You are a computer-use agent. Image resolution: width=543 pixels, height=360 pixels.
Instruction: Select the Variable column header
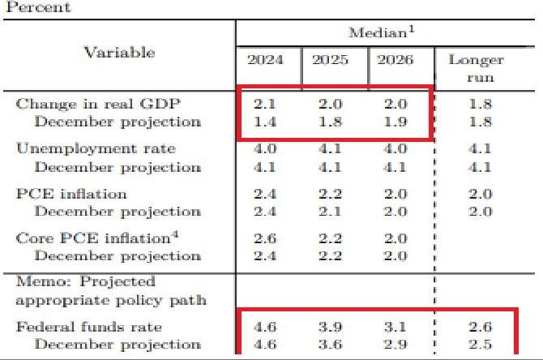coord(119,52)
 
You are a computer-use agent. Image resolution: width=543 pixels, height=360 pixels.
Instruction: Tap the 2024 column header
coord(267,60)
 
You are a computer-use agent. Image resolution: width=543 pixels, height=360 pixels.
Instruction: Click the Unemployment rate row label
coord(96,149)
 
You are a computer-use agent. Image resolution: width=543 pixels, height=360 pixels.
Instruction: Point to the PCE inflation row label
coord(71,195)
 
